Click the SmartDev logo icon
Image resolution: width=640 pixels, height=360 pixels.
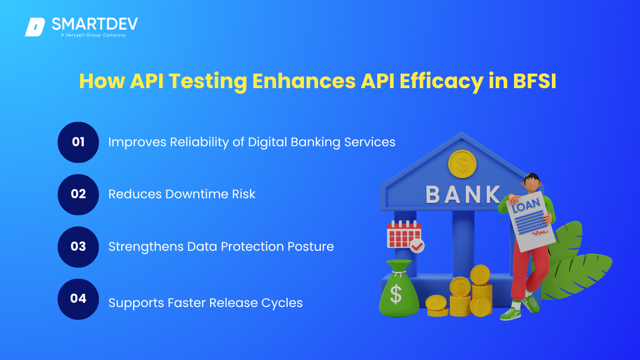click(35, 27)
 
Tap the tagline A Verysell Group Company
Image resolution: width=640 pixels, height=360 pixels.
click(93, 35)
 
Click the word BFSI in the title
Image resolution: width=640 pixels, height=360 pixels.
click(535, 81)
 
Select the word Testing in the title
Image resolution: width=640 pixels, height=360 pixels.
click(208, 82)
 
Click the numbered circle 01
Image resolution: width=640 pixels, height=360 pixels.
click(78, 142)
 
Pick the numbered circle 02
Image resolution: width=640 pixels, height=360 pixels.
click(78, 195)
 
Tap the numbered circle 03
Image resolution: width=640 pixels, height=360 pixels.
click(78, 247)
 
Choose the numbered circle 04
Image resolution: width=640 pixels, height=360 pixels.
click(78, 299)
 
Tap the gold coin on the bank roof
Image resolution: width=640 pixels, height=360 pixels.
click(462, 164)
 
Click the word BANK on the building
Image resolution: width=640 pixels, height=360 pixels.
click(463, 195)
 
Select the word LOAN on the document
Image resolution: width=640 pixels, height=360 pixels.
click(526, 205)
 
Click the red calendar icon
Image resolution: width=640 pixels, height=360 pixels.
click(403, 234)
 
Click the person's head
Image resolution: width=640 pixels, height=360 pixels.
click(532, 182)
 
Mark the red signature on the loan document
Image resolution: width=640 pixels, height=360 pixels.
click(540, 232)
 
